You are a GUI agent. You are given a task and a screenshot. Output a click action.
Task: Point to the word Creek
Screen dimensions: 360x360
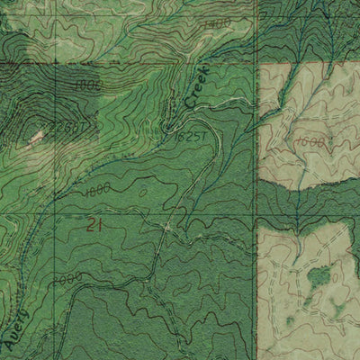pyautogui.click(x=197, y=86)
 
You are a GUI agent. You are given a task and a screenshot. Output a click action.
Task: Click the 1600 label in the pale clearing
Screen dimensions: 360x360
pyautogui.click(x=309, y=142)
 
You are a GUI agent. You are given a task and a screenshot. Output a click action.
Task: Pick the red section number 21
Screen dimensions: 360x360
pyautogui.click(x=94, y=227)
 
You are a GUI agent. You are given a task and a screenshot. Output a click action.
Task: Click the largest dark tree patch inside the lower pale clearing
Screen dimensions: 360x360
pyautogui.click(x=318, y=276)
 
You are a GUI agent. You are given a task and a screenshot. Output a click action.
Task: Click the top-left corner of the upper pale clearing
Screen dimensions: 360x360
pyautogui.click(x=259, y=66)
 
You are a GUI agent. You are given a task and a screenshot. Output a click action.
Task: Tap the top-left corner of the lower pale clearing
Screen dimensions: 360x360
pyautogui.click(x=259, y=225)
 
